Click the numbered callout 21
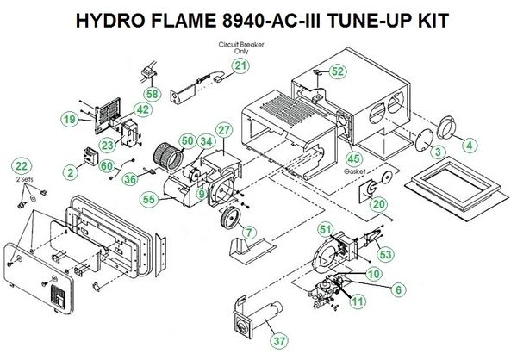240,65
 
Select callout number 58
152,93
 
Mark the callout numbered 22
22,164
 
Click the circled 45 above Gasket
352,158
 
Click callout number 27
224,130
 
